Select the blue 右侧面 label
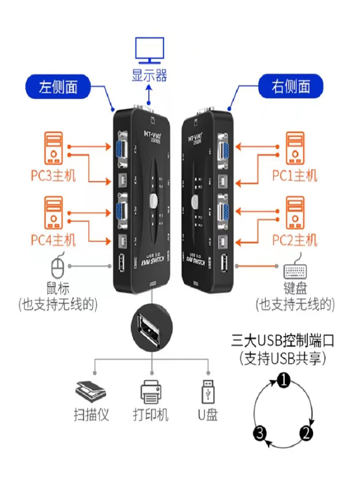291,87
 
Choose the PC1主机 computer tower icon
295,149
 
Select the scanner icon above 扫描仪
90,392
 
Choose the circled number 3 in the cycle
260,434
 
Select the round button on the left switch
154,200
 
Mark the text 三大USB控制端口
282,341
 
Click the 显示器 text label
149,75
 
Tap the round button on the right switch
196,200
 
